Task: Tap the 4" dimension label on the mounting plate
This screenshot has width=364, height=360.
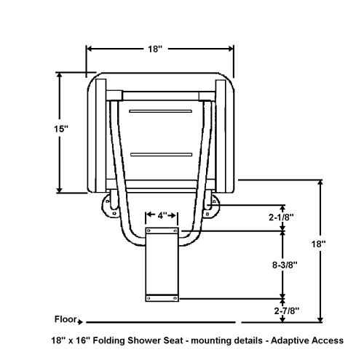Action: click(x=161, y=215)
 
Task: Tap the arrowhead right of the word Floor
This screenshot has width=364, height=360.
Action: click(x=87, y=320)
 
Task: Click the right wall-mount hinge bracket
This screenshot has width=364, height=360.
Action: click(x=212, y=207)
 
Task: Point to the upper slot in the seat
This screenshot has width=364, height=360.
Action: click(x=161, y=111)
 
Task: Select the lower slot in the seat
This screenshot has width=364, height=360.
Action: click(x=161, y=155)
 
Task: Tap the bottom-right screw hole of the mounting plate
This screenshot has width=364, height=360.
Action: click(x=175, y=296)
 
